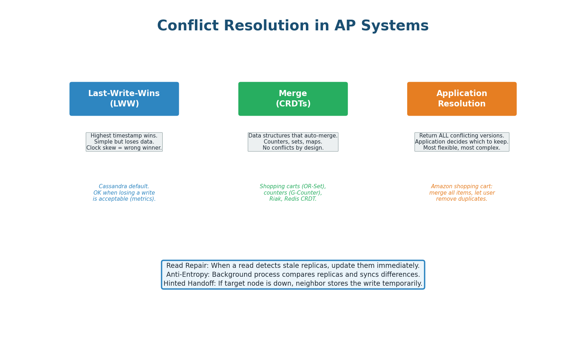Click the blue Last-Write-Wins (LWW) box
[x=124, y=99]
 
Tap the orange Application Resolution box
[x=462, y=99]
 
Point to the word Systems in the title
[x=395, y=26]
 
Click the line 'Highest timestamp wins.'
[x=124, y=136]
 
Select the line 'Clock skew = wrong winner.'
[x=124, y=148]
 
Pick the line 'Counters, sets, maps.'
[x=293, y=142]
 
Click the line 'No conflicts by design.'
[x=293, y=148]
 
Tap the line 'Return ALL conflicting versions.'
[x=462, y=136]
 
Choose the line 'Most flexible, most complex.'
[x=462, y=148]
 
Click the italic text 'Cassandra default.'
[x=124, y=186]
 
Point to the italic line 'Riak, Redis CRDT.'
[x=293, y=199]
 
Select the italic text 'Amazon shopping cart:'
[x=462, y=186]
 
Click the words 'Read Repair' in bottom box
[x=187, y=266]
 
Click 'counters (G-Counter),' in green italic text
[x=293, y=193]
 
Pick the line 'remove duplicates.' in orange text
[x=462, y=199]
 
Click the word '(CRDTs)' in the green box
[x=293, y=104]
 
